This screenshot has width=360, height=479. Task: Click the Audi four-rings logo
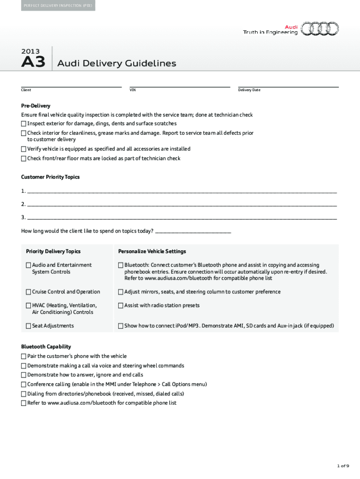pyautogui.click(x=320, y=29)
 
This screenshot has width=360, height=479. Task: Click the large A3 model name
pyautogui.click(x=33, y=63)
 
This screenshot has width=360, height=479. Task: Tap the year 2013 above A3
pyautogui.click(x=30, y=51)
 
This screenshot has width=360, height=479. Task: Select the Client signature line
pyautogui.click(x=71, y=86)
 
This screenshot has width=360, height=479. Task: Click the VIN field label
pyautogui.click(x=133, y=90)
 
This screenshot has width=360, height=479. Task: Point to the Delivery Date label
pyautogui.click(x=249, y=90)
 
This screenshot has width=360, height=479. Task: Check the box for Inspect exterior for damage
pyautogui.click(x=24, y=124)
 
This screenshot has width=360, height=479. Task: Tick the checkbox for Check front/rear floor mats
pyautogui.click(x=24, y=159)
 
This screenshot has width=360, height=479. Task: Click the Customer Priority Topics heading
pyautogui.click(x=50, y=177)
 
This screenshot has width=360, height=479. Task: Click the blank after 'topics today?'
pyautogui.click(x=193, y=231)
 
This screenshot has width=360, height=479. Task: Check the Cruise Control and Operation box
pyautogui.click(x=29, y=292)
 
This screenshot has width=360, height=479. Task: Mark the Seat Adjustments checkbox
pyautogui.click(x=29, y=326)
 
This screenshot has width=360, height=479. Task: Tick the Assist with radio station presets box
pyautogui.click(x=121, y=306)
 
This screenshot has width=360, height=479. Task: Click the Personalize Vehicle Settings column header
pyautogui.click(x=152, y=252)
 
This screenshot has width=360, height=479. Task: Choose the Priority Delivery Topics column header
pyautogui.click(x=53, y=252)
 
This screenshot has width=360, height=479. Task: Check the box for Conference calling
pyautogui.click(x=24, y=385)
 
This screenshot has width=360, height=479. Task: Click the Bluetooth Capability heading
pyautogui.click(x=46, y=347)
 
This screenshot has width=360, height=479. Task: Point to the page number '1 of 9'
pyautogui.click(x=343, y=466)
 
